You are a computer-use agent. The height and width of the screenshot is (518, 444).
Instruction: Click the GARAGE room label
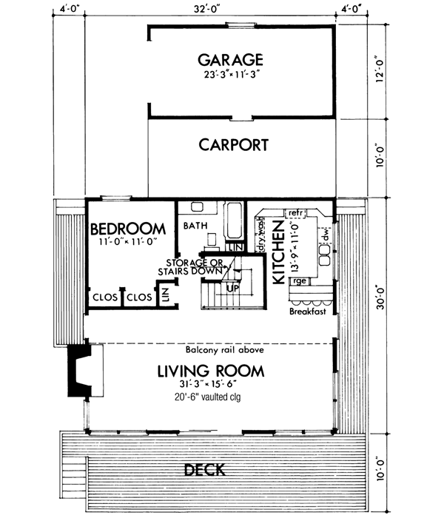tap(230, 59)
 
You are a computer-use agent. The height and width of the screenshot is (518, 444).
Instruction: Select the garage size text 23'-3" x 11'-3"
tap(230, 75)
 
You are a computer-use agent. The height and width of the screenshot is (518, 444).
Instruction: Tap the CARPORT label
tap(233, 144)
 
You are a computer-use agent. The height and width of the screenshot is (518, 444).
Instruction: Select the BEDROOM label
tap(127, 228)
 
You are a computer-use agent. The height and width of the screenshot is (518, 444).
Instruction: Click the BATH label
tap(195, 225)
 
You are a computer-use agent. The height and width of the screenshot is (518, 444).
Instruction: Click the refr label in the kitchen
tap(296, 212)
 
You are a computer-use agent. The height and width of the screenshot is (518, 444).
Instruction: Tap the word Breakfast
tap(307, 312)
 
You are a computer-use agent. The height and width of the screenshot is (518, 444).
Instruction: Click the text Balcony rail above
tap(221, 350)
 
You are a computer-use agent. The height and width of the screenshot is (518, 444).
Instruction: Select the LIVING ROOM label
tap(211, 369)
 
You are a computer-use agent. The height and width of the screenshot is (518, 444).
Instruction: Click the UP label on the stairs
tap(232, 287)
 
